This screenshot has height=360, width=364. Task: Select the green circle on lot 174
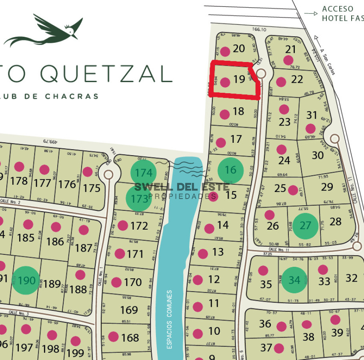(x=144, y=173)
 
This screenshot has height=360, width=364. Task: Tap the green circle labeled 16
(x=230, y=170)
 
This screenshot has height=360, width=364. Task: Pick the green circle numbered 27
(x=306, y=225)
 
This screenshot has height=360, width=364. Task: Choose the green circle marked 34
(x=294, y=280)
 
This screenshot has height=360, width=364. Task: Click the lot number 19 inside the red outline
(x=239, y=79)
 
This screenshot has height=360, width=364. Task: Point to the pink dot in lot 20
(x=225, y=51)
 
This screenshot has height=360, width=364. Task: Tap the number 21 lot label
(x=290, y=49)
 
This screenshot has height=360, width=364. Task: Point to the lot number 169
(x=129, y=310)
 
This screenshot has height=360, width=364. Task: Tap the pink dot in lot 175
(x=88, y=172)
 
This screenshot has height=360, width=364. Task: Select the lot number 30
(x=318, y=155)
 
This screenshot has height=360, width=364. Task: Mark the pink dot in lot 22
(x=281, y=82)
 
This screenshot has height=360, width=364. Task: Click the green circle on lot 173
(x=139, y=198)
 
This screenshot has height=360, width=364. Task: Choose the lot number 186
(x=55, y=241)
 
